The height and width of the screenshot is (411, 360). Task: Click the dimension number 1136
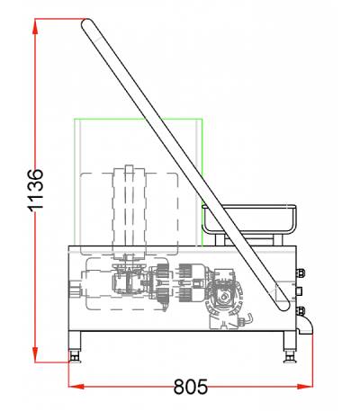pyautogui.click(x=36, y=191)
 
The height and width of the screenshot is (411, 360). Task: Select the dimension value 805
pyautogui.click(x=191, y=387)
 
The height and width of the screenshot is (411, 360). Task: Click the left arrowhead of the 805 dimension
pyautogui.click(x=76, y=387)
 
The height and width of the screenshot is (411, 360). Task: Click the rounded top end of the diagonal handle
pyautogui.click(x=87, y=24)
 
